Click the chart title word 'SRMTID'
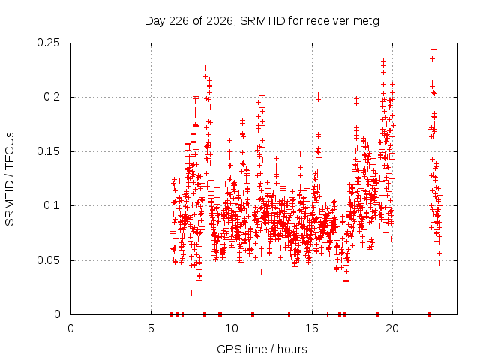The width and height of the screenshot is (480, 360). pos(262,21)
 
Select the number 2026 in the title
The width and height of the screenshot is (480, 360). pos(220,21)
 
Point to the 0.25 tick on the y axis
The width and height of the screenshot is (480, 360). pos(48,43)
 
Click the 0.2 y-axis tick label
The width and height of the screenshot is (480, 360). pos(52,97)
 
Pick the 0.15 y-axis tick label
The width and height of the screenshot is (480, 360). pos(48,151)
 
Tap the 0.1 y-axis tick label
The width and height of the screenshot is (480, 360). pos(52,205)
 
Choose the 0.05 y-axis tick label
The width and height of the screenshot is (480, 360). pos(48,260)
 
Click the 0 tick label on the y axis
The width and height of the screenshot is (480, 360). pos(57,314)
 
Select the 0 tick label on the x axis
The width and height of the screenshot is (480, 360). pos(70,328)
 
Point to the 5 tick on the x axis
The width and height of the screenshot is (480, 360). pos(151,328)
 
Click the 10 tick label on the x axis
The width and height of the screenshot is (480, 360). pos(232,328)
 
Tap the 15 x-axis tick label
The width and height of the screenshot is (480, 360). pos(312,328)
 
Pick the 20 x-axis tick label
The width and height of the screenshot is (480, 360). pos(392,328)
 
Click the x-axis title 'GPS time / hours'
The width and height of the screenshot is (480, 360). pos(262,349)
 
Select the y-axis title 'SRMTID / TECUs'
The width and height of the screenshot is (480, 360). pos(10,179)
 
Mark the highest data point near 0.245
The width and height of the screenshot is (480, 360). pos(433,50)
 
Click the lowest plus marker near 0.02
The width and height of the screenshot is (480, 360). pos(192,293)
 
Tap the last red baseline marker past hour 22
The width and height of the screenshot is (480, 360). pos(430,314)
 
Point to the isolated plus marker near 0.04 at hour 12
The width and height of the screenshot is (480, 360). pos(261,271)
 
